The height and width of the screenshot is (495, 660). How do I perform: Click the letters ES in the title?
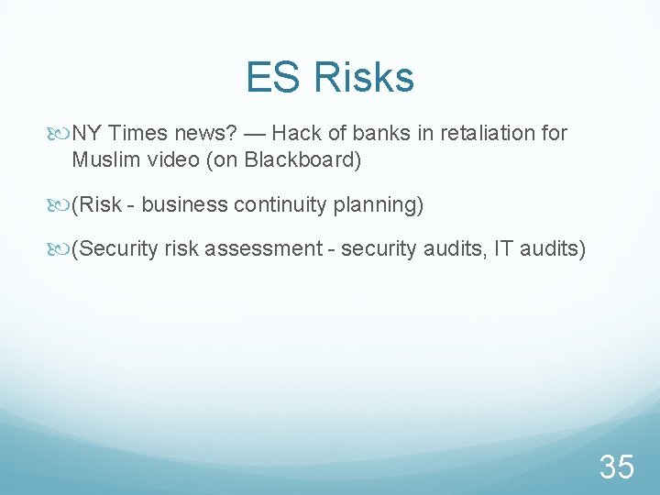(272, 77)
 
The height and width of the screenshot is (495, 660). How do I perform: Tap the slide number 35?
(616, 467)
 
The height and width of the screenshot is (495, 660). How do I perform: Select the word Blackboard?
(303, 160)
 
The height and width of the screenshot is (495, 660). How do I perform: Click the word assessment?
(272, 248)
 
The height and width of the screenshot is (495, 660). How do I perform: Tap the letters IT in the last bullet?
(503, 248)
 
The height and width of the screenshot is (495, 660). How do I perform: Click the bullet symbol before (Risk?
(62, 205)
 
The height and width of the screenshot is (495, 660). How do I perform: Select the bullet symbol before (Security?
(62, 249)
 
